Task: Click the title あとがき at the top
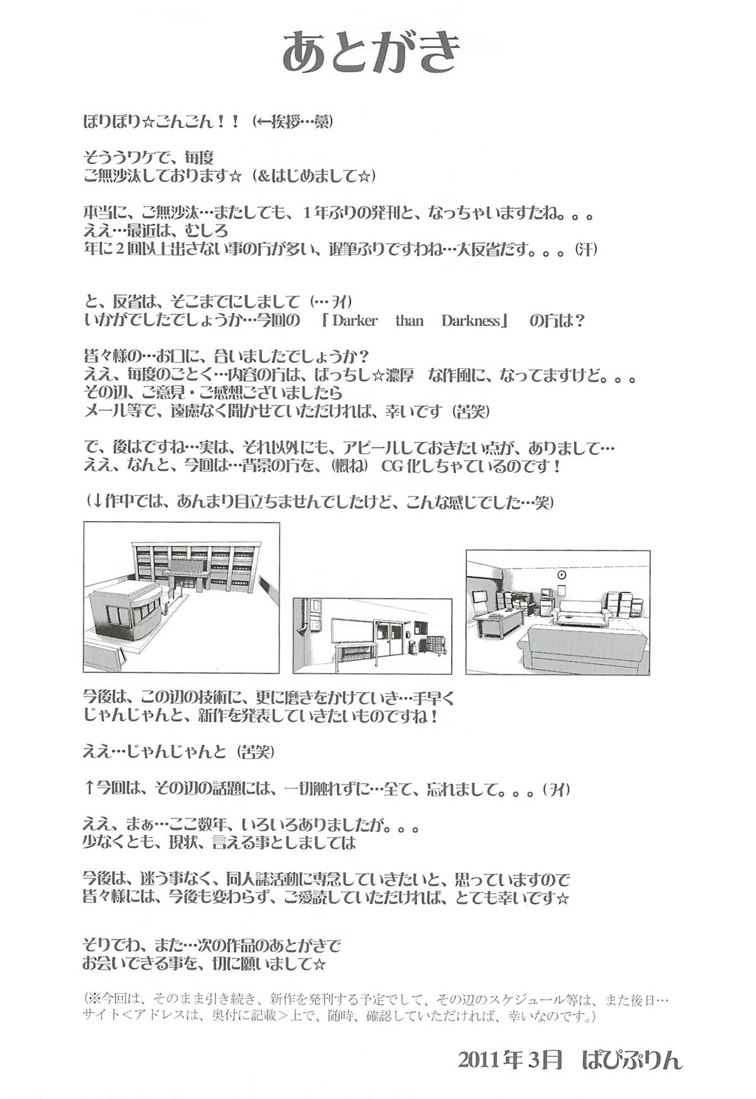(x=372, y=54)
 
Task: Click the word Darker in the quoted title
(x=355, y=320)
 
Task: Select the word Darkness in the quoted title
(x=471, y=320)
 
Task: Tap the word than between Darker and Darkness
(x=409, y=320)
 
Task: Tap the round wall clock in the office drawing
(x=562, y=575)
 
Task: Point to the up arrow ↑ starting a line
(x=89, y=788)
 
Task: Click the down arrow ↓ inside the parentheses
(x=98, y=502)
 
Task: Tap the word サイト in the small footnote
(x=99, y=1016)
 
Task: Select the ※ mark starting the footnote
(x=94, y=999)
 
